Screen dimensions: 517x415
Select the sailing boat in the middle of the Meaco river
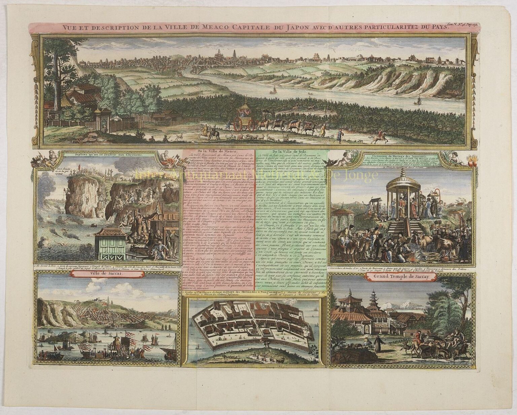[x=274, y=90]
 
